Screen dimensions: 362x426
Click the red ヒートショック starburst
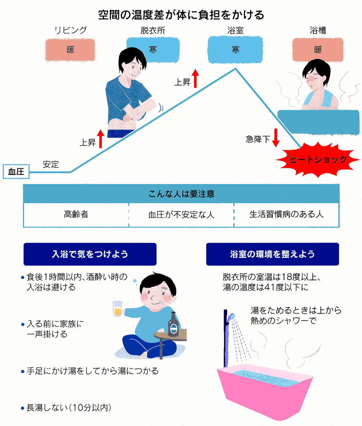(318, 160)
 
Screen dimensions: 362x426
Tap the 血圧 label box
(16, 171)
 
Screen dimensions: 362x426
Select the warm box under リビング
(70, 50)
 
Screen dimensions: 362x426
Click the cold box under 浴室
(235, 50)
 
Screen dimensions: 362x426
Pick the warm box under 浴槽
(318, 50)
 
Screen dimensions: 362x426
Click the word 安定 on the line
(51, 165)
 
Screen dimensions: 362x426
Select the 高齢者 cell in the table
(76, 215)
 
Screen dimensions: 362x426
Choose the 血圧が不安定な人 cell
(181, 215)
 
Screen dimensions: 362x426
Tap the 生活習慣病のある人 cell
(286, 215)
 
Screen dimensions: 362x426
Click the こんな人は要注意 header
(181, 194)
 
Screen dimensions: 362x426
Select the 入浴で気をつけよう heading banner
(90, 254)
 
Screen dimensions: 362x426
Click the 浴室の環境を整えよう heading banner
(272, 254)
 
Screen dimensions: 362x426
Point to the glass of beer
(118, 309)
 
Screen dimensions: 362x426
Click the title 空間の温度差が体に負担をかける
(181, 15)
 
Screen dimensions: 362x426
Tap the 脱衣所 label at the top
(153, 30)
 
